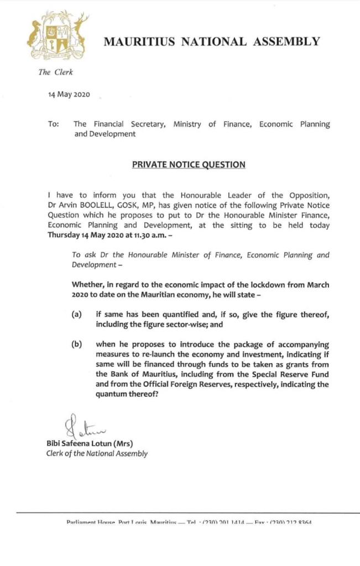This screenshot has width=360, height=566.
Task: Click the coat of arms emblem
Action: pyautogui.click(x=58, y=36)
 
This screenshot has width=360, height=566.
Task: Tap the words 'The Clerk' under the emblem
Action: pyautogui.click(x=55, y=72)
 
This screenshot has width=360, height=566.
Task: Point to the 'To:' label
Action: pyautogui.click(x=54, y=124)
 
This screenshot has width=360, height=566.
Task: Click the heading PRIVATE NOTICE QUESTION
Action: pyautogui.click(x=189, y=165)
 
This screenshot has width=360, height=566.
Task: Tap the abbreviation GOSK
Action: pyautogui.click(x=145, y=206)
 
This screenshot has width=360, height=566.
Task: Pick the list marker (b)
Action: pyautogui.click(x=77, y=344)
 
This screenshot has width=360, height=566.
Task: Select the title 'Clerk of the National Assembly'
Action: pyautogui.click(x=97, y=453)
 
